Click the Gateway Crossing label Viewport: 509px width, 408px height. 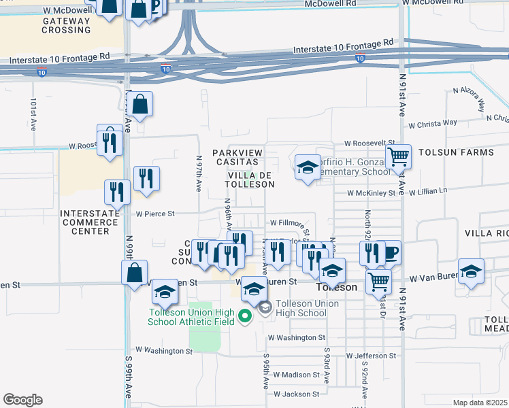66,25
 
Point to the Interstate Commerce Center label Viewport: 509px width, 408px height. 85,222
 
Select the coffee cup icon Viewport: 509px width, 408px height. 390,253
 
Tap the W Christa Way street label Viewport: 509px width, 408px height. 433,124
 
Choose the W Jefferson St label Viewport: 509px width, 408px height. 371,356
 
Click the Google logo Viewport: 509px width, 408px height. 22,400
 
